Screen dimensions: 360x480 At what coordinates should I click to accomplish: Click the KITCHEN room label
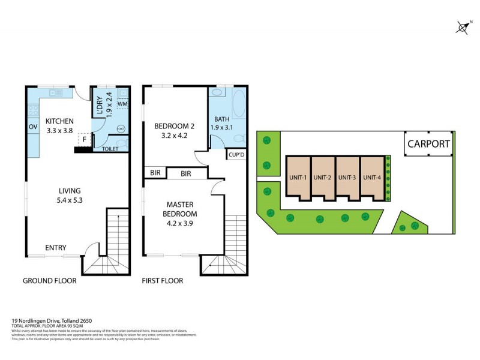pos(59,121)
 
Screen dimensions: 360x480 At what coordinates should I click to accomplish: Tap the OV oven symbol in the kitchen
pos(32,127)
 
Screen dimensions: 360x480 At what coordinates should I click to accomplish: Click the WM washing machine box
pos(122,105)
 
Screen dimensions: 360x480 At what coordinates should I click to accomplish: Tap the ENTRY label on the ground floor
pos(56,248)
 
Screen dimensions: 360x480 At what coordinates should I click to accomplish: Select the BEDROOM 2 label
pos(175,131)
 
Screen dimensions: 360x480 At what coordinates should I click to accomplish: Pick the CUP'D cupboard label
pos(235,154)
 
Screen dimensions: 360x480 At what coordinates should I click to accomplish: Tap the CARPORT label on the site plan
pos(428,144)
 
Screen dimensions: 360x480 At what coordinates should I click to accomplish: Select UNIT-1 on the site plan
pos(298,177)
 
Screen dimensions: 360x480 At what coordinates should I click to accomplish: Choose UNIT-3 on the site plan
pos(347,177)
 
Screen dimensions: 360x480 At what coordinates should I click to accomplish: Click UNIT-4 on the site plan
pos(372,177)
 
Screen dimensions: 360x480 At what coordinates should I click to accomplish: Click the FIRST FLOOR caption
pos(162,281)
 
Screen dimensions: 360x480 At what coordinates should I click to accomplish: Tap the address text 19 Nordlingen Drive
pos(51,320)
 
